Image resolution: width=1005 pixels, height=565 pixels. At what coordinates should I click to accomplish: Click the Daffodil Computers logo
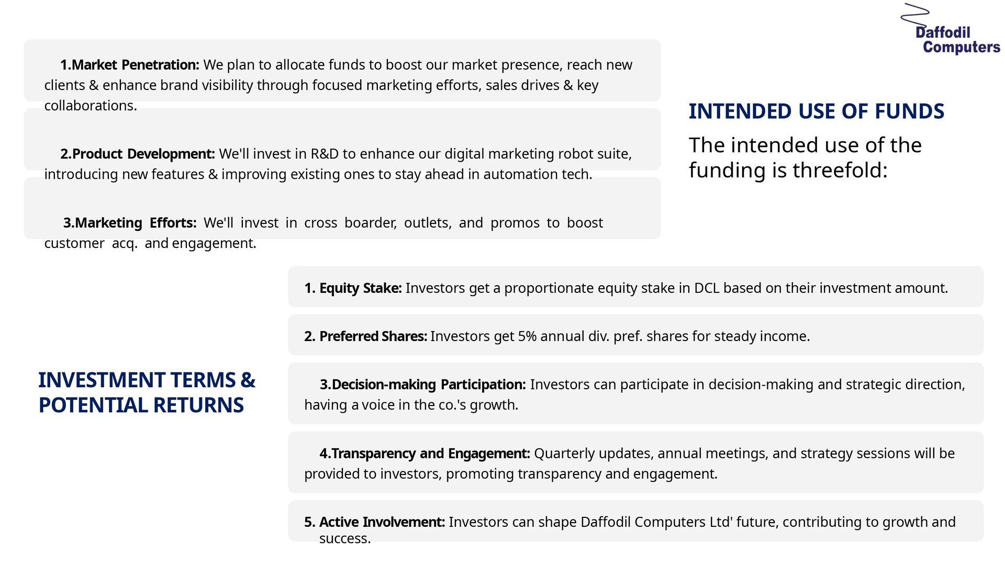click(950, 29)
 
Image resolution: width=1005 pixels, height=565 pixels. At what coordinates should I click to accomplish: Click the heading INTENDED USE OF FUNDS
click(816, 111)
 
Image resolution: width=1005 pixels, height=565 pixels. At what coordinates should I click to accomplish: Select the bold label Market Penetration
click(129, 65)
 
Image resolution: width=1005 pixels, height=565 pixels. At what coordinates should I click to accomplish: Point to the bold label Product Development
click(137, 154)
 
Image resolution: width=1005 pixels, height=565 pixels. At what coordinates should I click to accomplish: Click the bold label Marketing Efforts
click(130, 223)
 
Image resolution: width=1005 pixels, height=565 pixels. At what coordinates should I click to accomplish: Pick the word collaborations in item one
click(91, 106)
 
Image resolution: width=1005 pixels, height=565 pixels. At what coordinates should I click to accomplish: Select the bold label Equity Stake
click(353, 288)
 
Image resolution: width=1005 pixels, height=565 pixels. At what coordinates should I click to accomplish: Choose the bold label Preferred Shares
click(365, 336)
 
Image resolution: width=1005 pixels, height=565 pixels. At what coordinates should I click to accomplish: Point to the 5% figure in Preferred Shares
click(527, 336)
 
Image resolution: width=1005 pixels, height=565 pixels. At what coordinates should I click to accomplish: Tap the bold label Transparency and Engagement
click(425, 454)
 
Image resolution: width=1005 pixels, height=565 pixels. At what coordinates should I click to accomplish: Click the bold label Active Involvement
click(374, 522)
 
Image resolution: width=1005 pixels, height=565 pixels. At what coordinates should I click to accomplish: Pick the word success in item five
click(345, 539)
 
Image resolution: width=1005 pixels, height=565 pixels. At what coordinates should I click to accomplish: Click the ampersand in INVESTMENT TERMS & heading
click(248, 380)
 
